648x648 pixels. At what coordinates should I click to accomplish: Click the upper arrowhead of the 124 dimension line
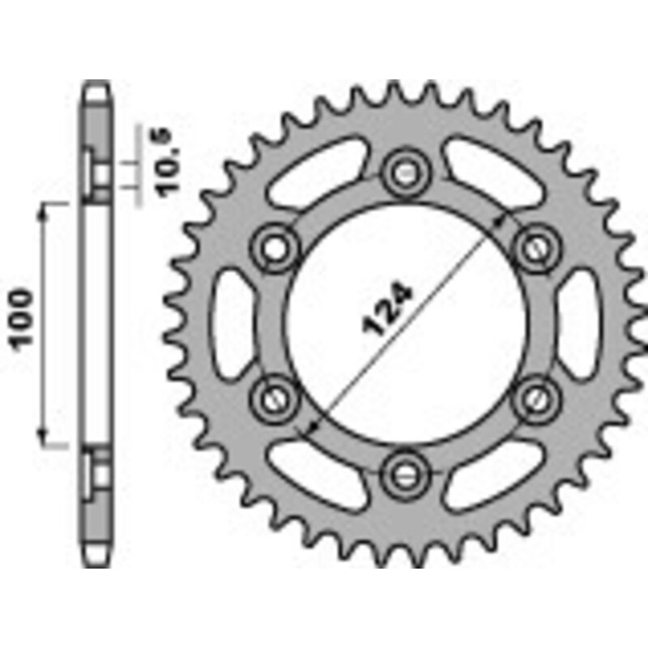coord(504,220)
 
